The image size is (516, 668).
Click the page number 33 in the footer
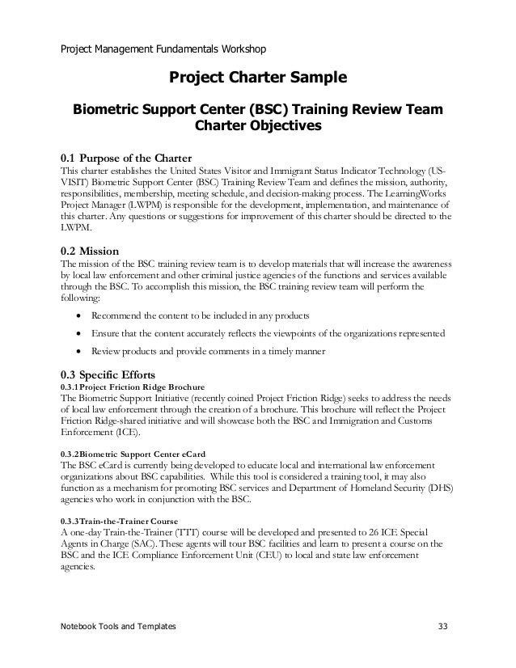tap(440, 627)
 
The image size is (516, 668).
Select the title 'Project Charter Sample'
tap(257, 78)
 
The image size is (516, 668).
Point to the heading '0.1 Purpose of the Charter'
tap(126, 157)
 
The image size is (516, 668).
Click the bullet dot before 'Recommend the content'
tap(77, 315)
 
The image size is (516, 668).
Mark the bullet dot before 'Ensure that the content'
tap(77, 333)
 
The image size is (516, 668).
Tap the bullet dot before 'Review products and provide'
tap(77, 353)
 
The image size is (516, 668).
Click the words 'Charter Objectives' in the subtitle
tap(258, 126)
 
